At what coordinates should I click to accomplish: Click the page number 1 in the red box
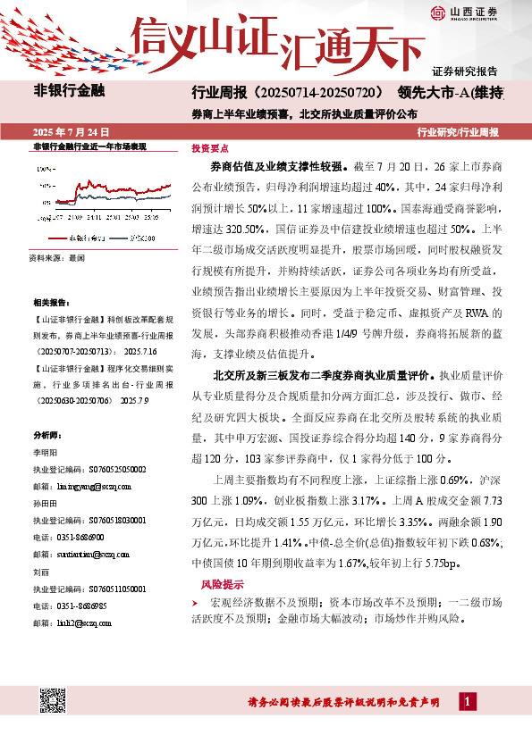click(467, 702)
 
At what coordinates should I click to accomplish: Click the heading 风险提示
click(222, 584)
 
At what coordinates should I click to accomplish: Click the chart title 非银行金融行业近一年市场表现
click(89, 146)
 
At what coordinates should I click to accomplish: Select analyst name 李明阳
click(45, 454)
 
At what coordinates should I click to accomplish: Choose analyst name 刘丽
click(40, 572)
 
